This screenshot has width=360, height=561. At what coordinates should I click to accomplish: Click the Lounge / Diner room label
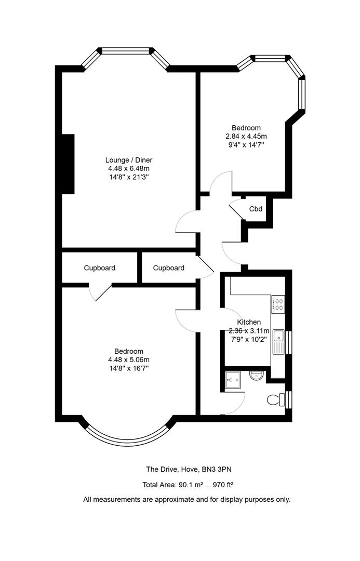point(129,160)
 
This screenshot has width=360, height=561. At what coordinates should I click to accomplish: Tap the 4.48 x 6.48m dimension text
point(129,168)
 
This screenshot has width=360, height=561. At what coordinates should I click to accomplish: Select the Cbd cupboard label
point(256,209)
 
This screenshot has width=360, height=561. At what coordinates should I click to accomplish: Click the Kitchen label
point(249,322)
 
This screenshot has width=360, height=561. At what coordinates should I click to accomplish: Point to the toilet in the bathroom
point(276,399)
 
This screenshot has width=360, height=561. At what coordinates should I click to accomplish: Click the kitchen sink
point(278,342)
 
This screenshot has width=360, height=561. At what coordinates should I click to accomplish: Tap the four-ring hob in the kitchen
point(278,304)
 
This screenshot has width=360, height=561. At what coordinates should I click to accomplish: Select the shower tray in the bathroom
point(233,380)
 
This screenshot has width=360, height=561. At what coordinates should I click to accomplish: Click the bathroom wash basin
point(257,376)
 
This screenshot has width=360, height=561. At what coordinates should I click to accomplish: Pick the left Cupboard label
point(100,268)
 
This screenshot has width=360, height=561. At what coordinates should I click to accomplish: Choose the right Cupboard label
point(168,268)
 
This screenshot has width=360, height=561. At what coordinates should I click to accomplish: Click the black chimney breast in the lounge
point(68,164)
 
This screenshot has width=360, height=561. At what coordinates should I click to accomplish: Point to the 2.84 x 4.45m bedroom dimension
point(246,136)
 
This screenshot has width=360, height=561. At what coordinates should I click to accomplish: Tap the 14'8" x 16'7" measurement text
point(129,368)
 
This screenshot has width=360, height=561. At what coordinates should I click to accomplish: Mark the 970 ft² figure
point(223,485)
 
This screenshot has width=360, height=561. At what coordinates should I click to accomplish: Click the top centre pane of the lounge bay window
point(125,51)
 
